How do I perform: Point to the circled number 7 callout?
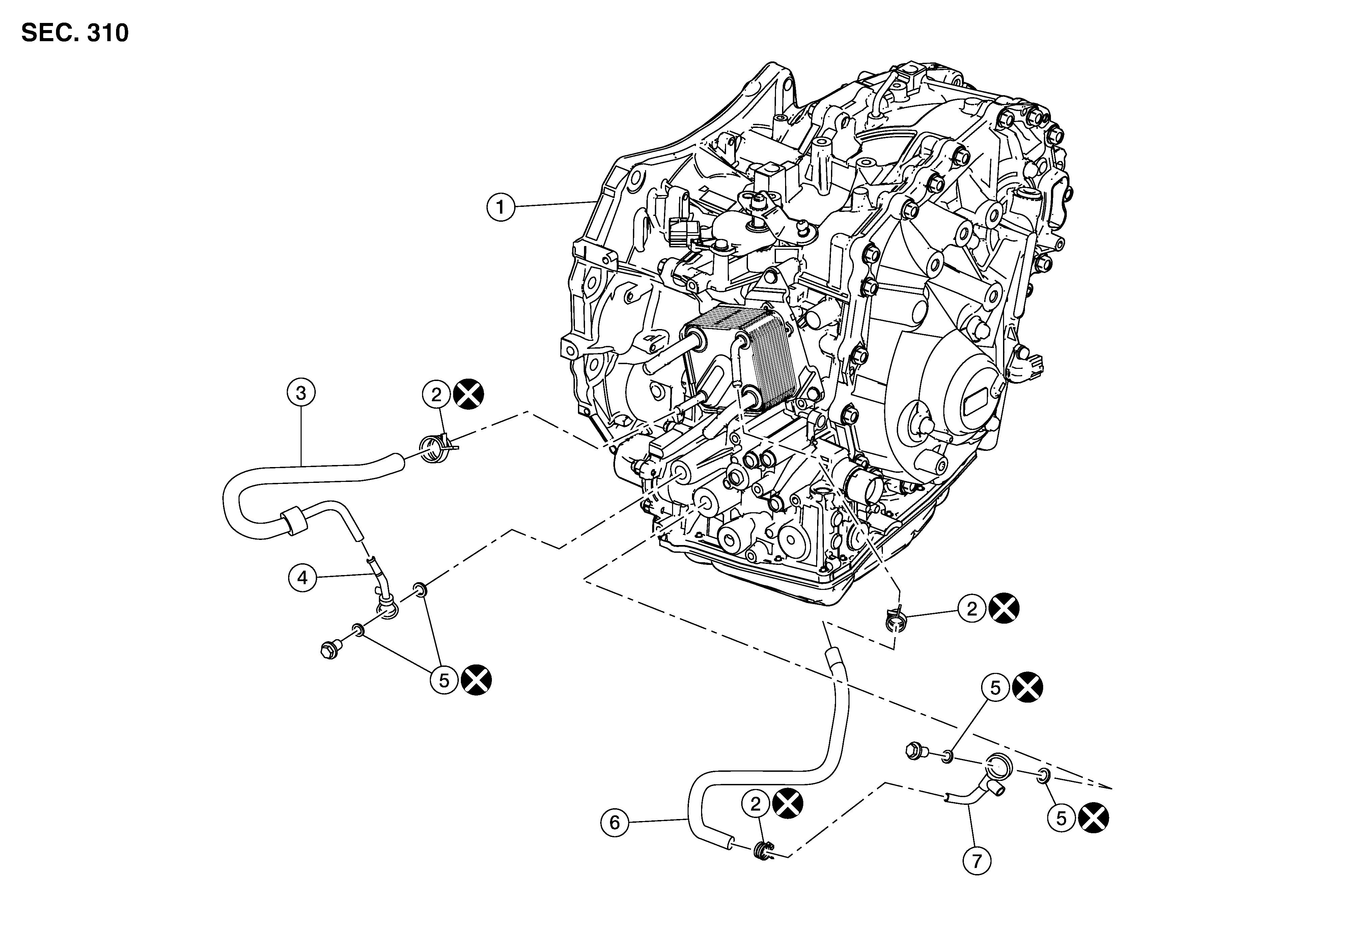click(x=976, y=861)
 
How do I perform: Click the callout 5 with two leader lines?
click(x=444, y=680)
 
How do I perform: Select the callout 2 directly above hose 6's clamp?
click(x=755, y=804)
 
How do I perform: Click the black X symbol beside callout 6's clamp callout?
click(x=788, y=804)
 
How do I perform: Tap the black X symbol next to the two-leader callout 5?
click(x=476, y=680)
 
